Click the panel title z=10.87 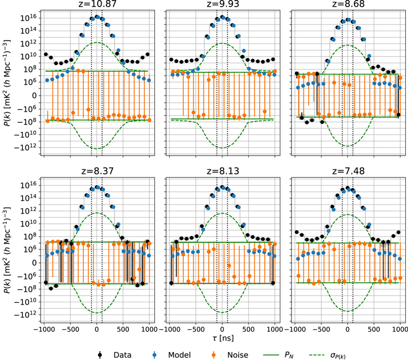[97, 4]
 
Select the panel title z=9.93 [223, 4]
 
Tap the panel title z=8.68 [348, 4]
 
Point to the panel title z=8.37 [97, 171]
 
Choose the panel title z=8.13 [223, 171]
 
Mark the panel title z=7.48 [348, 171]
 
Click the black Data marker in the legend [100, 354]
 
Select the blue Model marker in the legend [154, 354]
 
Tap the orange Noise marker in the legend [214, 354]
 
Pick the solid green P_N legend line [271, 354]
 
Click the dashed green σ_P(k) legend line [316, 354]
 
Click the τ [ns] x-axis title [223, 338]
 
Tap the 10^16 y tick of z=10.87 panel [29, 17]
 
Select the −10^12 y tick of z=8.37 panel [27, 315]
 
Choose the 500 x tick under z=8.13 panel [249, 329]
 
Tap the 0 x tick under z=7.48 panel [347, 329]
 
